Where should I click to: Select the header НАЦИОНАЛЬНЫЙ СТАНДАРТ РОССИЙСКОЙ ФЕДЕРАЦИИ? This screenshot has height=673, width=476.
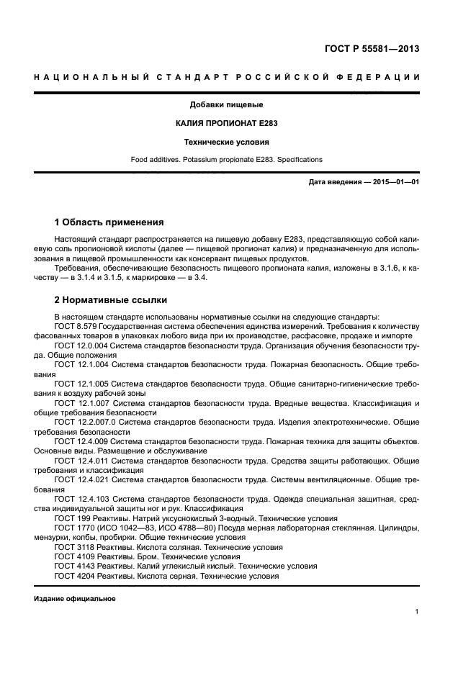pyautogui.click(x=227, y=77)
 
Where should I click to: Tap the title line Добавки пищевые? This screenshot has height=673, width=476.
pyautogui.click(x=226, y=104)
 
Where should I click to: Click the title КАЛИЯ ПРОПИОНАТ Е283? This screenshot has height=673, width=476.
pyautogui.click(x=226, y=123)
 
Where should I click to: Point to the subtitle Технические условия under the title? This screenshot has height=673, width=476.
pyautogui.click(x=226, y=142)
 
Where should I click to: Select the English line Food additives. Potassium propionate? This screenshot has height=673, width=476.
pyautogui.click(x=226, y=159)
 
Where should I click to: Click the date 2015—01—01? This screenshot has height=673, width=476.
pyautogui.click(x=395, y=182)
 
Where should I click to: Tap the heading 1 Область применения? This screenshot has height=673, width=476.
pyautogui.click(x=109, y=222)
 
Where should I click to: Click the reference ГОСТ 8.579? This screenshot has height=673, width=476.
pyautogui.click(x=76, y=326)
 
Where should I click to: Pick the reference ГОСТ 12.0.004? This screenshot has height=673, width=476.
pyautogui.click(x=81, y=345)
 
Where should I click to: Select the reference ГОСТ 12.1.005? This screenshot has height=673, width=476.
pyautogui.click(x=81, y=384)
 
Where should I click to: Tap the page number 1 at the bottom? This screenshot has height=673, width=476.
pyautogui.click(x=416, y=612)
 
